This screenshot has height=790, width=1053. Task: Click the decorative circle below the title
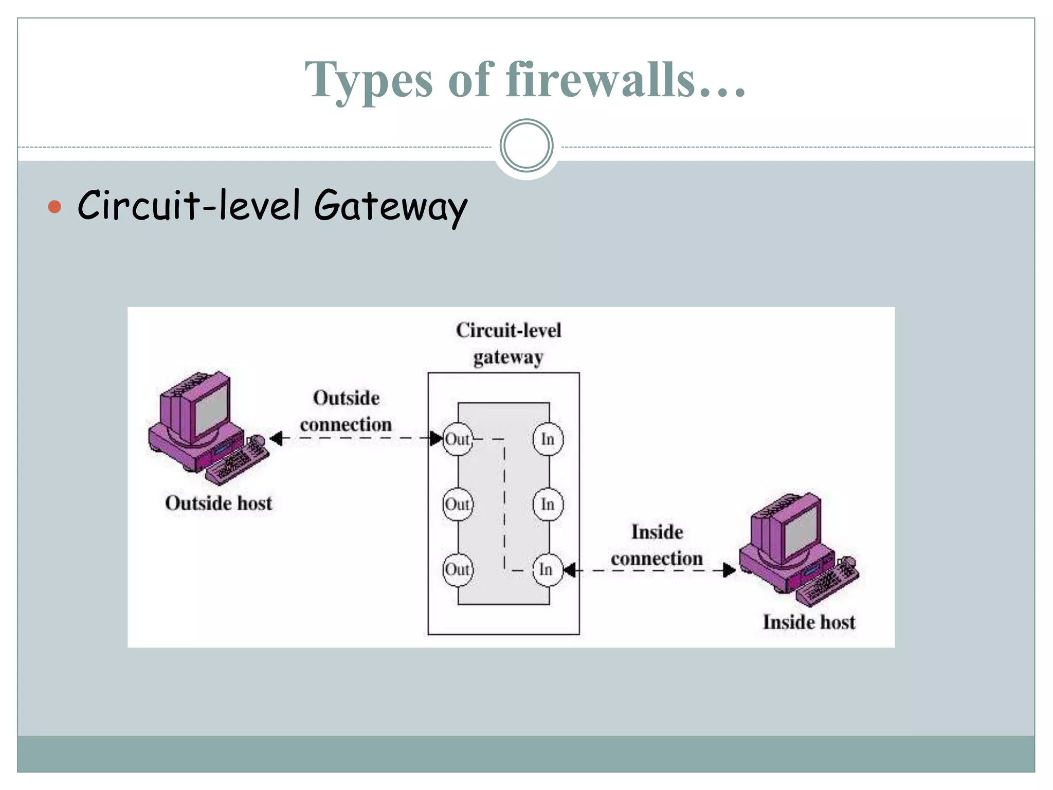coord(526,146)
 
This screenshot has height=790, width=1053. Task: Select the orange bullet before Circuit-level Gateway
coord(55,207)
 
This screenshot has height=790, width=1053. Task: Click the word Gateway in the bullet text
coord(390,206)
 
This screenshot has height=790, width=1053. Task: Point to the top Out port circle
coord(457,439)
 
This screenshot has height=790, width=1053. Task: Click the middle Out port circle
coord(457,504)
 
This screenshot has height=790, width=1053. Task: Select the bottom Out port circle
coord(457,569)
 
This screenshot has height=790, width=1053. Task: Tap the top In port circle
coord(548,439)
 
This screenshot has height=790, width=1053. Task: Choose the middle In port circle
coord(548,504)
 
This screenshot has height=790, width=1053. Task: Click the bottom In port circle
coord(547,569)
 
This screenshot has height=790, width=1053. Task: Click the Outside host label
coord(219,503)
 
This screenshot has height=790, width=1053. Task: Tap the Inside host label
coord(809,622)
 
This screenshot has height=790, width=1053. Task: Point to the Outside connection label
coord(346,411)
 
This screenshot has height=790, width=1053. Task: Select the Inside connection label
coord(657,545)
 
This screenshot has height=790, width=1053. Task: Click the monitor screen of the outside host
coord(211,409)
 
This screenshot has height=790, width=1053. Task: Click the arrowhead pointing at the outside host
coord(276,439)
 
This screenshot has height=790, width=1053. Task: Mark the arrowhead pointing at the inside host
coord(729,570)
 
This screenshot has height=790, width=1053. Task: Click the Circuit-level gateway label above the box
coord(508,344)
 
